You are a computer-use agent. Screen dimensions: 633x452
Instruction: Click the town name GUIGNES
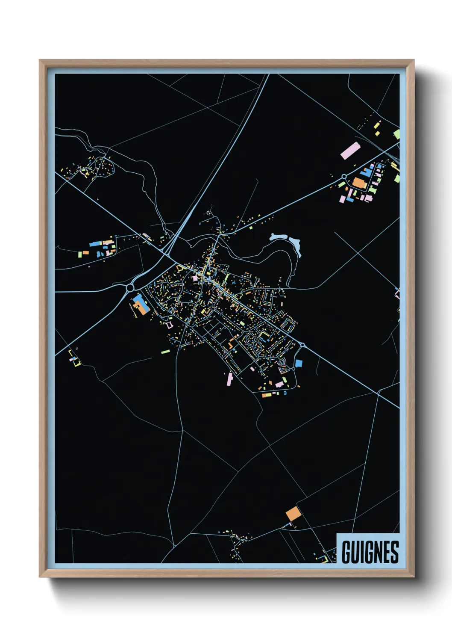pos(370,552)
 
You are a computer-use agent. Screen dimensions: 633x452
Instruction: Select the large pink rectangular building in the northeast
pos(350,151)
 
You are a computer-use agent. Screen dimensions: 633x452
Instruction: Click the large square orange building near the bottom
pos(293,514)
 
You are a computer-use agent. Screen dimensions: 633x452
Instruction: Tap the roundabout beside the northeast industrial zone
pos(344,176)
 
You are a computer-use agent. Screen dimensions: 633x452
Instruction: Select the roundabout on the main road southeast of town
pos(302,345)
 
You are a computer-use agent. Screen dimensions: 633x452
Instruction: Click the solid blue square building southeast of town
pos(299,364)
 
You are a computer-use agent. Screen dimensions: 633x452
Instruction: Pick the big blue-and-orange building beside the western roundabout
pos(140,305)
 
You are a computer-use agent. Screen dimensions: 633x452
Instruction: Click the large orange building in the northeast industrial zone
pos(359,183)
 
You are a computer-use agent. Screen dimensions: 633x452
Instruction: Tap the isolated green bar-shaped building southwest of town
pos(165,352)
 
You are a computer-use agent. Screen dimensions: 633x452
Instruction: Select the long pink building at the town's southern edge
pos(230,379)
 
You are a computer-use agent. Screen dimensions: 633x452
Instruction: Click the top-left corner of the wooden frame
pos(40,60)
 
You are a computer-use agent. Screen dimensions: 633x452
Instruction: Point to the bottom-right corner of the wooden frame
pos(414,577)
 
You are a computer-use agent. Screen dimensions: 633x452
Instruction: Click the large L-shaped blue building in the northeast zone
pos(367,172)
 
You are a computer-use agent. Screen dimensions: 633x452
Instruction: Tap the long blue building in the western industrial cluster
pos(95,244)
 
